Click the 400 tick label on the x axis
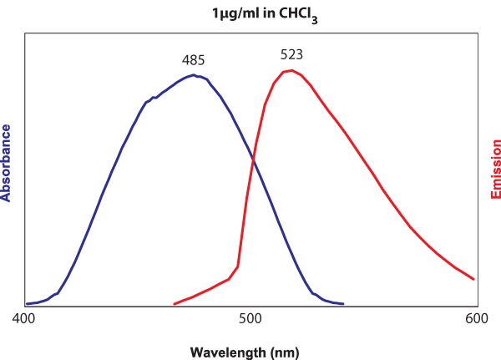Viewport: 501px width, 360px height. click(x=23, y=319)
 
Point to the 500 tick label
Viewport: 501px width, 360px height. click(x=250, y=319)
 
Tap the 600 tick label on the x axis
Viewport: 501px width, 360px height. click(x=477, y=319)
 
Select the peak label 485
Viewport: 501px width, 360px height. click(x=194, y=60)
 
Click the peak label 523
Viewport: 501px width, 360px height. click(x=291, y=55)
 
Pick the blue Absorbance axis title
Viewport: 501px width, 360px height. click(x=7, y=163)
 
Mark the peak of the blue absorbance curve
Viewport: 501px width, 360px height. click(x=194, y=75)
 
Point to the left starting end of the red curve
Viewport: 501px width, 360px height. click(x=174, y=304)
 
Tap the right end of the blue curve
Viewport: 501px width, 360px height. click(x=343, y=304)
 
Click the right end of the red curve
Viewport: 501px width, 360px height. click(x=474, y=279)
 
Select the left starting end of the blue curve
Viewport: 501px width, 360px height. click(x=27, y=304)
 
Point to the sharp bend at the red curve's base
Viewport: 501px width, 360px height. click(x=238, y=267)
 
